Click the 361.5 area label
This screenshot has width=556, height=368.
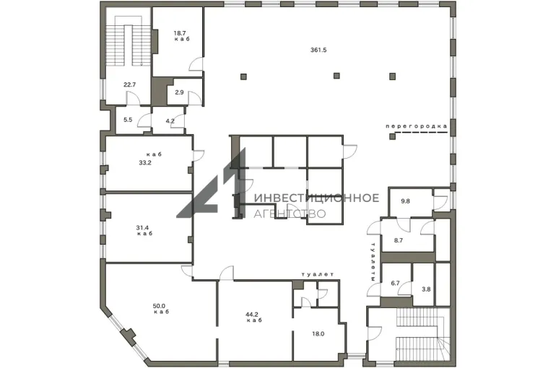[x=318, y=50]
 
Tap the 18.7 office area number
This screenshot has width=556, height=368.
[x=180, y=33]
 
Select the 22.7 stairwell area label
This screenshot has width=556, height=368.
[x=129, y=84]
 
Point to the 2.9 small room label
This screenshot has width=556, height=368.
[x=179, y=92]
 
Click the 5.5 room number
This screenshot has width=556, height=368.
[x=128, y=120]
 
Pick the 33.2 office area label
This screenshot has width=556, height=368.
[x=145, y=163]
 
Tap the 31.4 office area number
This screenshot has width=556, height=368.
[x=142, y=228]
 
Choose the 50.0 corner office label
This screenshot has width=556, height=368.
[x=159, y=306]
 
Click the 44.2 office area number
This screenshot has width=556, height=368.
[x=252, y=314]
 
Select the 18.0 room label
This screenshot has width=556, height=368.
[x=318, y=333]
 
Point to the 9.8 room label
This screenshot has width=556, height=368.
[x=405, y=201]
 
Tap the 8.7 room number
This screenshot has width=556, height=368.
[x=398, y=240]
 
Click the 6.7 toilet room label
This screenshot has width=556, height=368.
[x=395, y=284]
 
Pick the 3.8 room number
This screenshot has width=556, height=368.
[x=426, y=289]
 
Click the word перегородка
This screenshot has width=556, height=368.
[x=417, y=126]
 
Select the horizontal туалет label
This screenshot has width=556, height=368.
[x=318, y=274]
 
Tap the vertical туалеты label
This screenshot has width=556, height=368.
[x=373, y=262]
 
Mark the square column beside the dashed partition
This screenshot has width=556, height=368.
[x=392, y=136]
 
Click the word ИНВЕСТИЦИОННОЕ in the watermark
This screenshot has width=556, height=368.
[x=316, y=198]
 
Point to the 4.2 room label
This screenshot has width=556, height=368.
[x=170, y=121]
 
